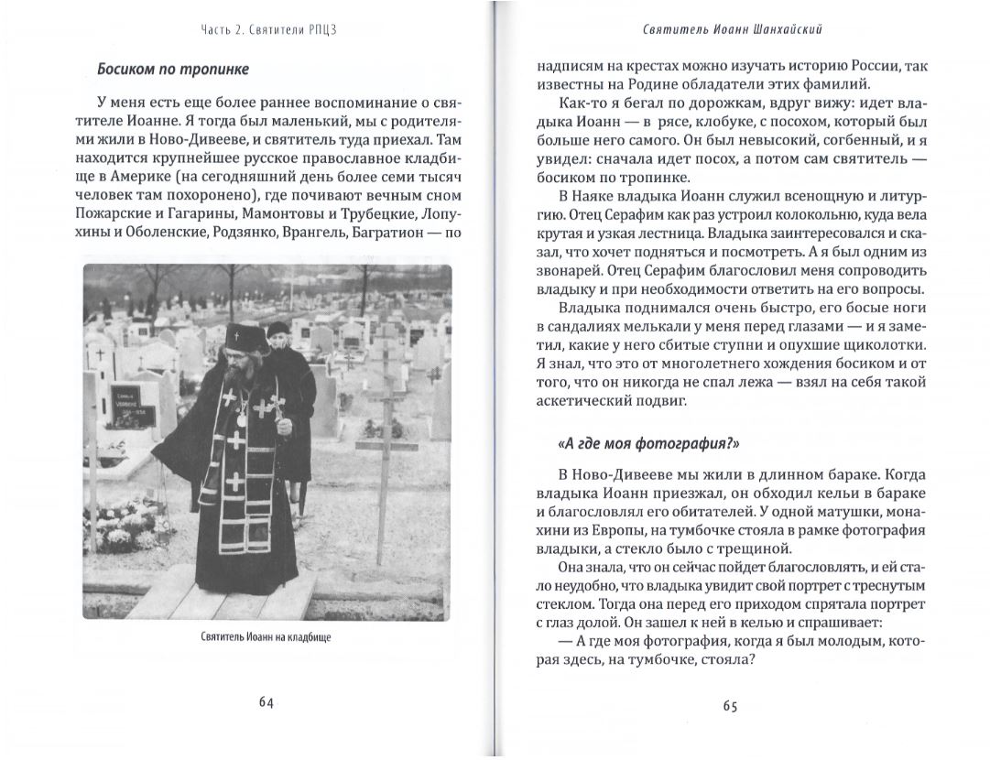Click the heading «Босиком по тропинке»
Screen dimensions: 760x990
(x=172, y=70)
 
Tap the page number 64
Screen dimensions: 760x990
(x=266, y=702)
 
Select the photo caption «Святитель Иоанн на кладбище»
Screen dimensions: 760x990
(x=266, y=637)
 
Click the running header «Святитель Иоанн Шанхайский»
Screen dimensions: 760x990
(x=731, y=29)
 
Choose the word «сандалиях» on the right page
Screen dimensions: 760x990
(x=573, y=326)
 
